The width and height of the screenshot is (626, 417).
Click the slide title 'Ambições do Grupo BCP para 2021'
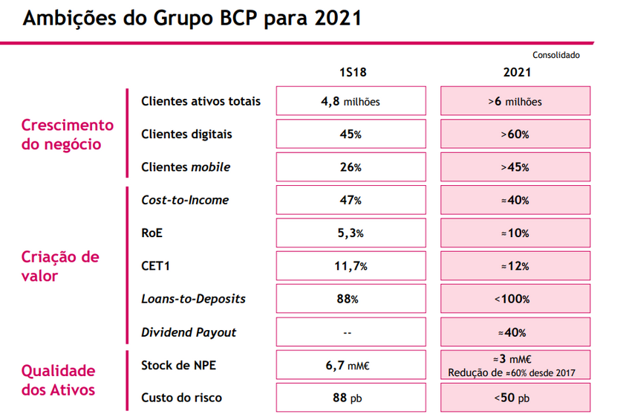tap(192, 19)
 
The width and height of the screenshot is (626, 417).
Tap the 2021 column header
tap(517, 74)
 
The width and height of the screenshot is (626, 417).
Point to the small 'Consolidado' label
tap(556, 55)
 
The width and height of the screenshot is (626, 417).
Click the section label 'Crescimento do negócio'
tap(67, 135)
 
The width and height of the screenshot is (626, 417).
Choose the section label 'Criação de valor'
tap(60, 266)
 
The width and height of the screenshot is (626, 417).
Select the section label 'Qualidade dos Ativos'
tap(59, 379)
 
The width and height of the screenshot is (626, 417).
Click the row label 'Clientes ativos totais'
tap(200, 101)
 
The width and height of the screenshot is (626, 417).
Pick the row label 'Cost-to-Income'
tap(185, 200)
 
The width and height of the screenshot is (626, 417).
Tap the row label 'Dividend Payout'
tap(189, 332)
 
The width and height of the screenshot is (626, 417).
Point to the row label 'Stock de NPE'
tap(179, 364)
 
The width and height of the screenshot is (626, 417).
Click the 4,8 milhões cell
tap(351, 101)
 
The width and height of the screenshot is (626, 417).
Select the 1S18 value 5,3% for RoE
tap(351, 233)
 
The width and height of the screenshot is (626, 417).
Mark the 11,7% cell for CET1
tap(351, 265)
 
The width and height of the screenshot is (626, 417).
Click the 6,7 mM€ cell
tap(351, 364)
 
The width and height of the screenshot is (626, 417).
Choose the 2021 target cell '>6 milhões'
tap(517, 101)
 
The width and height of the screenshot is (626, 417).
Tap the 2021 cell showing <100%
tap(517, 299)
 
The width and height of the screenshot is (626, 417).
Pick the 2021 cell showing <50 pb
tap(517, 398)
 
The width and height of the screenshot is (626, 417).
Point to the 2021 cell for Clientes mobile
tap(517, 167)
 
